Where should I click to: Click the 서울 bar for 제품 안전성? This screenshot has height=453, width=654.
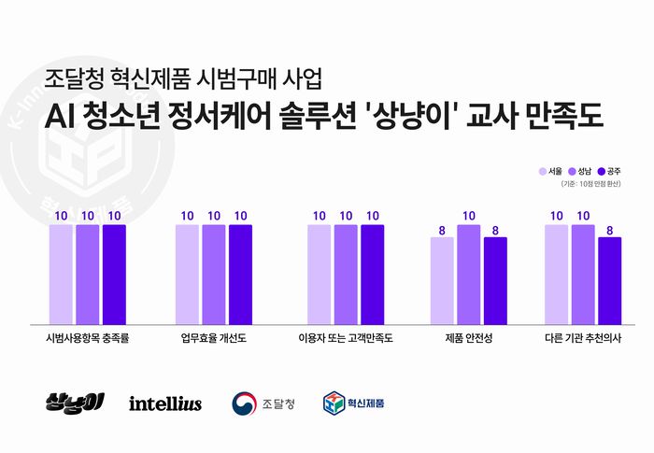pyautogui.click(x=442, y=277)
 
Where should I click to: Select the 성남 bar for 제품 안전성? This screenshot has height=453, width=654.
pyautogui.click(x=468, y=271)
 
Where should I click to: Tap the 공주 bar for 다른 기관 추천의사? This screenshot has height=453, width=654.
pyautogui.click(x=609, y=277)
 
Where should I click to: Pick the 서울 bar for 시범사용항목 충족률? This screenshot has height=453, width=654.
pyautogui.click(x=61, y=271)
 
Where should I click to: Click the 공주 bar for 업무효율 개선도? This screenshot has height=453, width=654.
pyautogui.click(x=240, y=271)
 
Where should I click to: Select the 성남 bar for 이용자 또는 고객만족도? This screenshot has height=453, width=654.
pyautogui.click(x=346, y=271)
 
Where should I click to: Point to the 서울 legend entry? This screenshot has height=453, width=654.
pyautogui.click(x=549, y=172)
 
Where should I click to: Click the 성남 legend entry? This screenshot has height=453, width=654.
pyautogui.click(x=579, y=172)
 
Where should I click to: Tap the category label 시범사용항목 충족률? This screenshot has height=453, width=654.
pyautogui.click(x=87, y=338)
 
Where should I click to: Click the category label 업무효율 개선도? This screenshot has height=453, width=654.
pyautogui.click(x=214, y=338)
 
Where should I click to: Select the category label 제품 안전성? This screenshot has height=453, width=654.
pyautogui.click(x=468, y=338)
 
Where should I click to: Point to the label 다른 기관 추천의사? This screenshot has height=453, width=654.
pyautogui.click(x=583, y=338)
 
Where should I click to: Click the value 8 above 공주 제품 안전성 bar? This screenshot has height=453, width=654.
pyautogui.click(x=495, y=230)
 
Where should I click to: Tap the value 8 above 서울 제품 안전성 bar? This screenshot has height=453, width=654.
pyautogui.click(x=442, y=230)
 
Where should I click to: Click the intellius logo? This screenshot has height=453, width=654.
pyautogui.click(x=165, y=403)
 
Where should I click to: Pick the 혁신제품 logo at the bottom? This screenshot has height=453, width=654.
pyautogui.click(x=354, y=403)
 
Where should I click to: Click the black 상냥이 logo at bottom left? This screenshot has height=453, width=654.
pyautogui.click(x=75, y=403)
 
